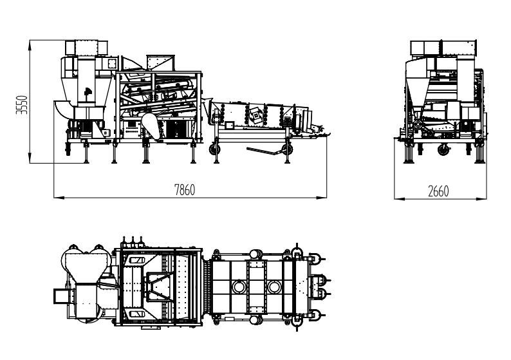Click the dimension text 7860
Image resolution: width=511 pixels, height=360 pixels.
click(185, 189)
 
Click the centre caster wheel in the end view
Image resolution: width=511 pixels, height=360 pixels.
click(443, 150)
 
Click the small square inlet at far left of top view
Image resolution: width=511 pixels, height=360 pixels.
click(60, 296)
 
